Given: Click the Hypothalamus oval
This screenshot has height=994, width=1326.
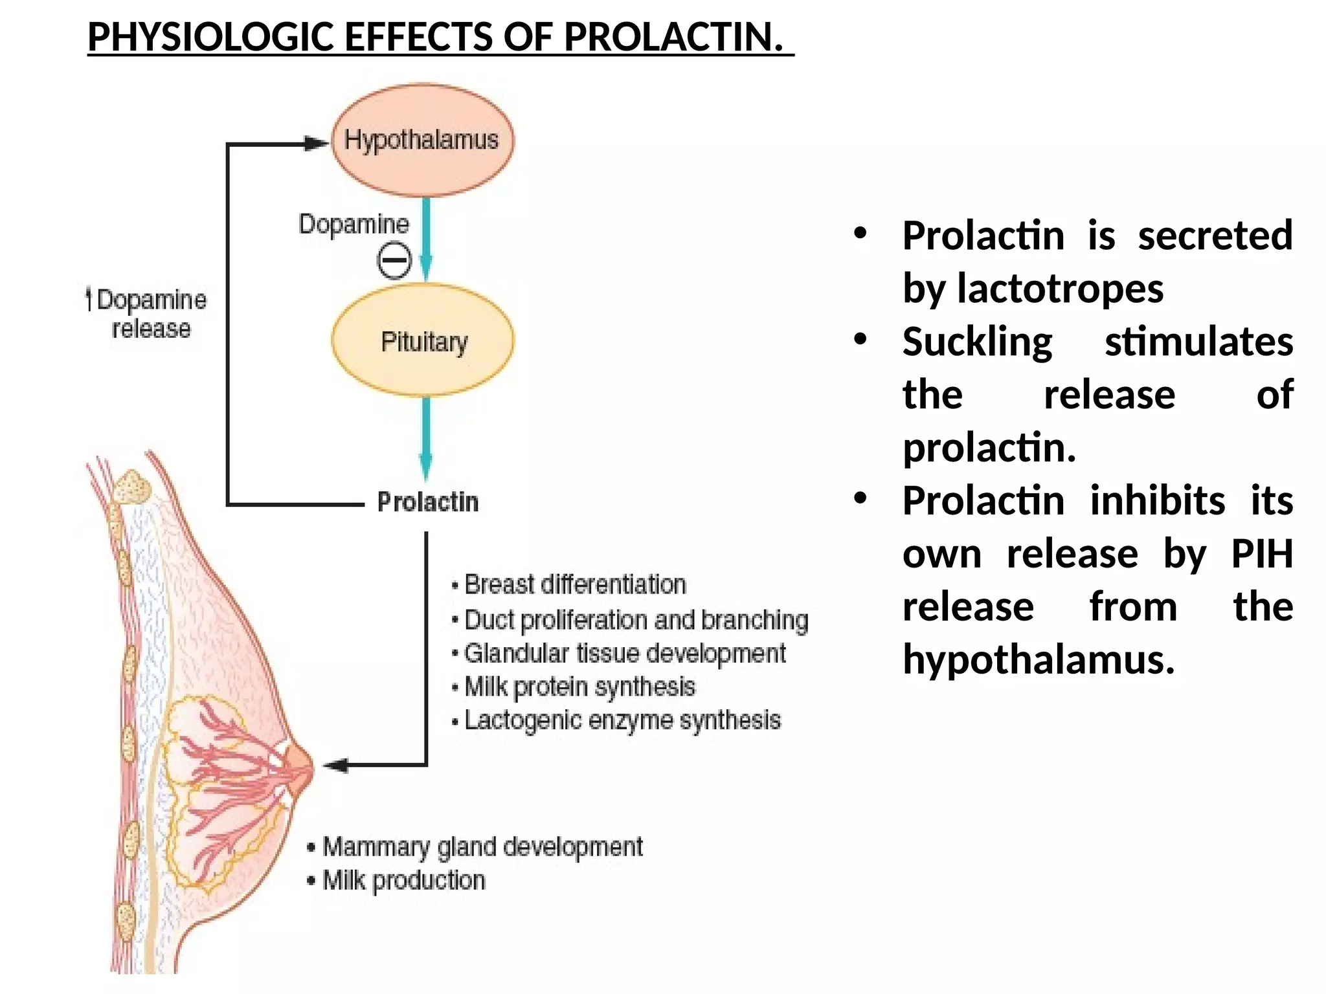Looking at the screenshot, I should [x=422, y=140].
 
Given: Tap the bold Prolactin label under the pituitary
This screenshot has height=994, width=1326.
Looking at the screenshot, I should [x=428, y=502].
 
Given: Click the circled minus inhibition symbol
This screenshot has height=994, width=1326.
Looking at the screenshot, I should [x=394, y=260].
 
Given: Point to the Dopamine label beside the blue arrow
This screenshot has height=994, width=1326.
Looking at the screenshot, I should [x=354, y=224].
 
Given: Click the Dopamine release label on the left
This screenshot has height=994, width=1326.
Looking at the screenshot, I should [x=149, y=314].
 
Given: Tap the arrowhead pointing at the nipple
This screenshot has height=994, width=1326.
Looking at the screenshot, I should [x=335, y=766].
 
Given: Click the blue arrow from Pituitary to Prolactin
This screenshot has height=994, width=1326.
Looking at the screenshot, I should [x=425, y=437].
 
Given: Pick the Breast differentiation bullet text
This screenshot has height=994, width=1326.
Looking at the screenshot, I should [x=574, y=584].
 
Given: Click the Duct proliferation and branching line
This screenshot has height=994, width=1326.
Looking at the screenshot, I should [x=636, y=619].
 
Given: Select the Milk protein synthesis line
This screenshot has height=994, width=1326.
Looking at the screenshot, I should [x=579, y=687].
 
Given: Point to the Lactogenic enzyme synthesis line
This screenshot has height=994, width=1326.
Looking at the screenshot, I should [x=622, y=720].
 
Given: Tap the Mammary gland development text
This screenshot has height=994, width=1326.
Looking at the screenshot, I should [x=482, y=846].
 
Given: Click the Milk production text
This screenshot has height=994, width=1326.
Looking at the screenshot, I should [x=403, y=880].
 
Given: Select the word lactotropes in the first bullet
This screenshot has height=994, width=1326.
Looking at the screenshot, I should [x=1060, y=288].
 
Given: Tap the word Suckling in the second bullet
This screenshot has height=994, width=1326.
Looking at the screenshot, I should [x=978, y=342].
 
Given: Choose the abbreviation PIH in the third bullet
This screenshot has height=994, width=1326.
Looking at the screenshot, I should [x=1261, y=554].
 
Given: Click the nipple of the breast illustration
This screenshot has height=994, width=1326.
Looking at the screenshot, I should [x=304, y=768].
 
